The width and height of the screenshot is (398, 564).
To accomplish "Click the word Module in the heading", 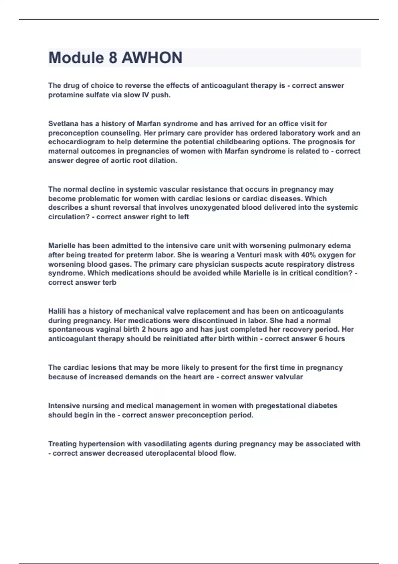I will (x=76, y=58).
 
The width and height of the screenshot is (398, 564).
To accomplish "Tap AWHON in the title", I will (x=152, y=58).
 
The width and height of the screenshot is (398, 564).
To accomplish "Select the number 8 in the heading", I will (x=113, y=58).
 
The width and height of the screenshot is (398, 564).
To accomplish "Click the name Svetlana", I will (x=63, y=124).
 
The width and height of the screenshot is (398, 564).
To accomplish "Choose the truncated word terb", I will (x=109, y=283).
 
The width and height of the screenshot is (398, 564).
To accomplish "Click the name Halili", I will (x=57, y=312).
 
